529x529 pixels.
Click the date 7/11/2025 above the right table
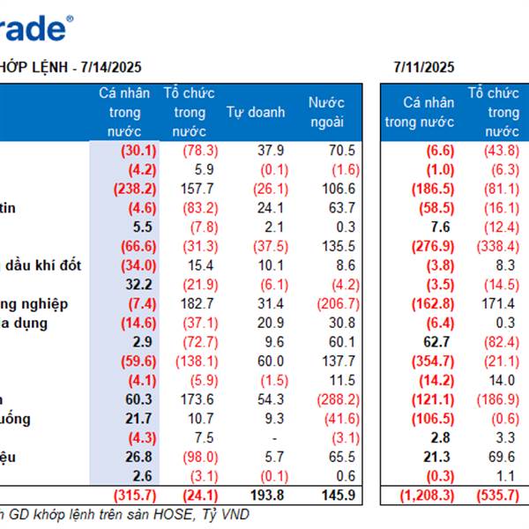[x=423, y=66]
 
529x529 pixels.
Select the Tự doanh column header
[x=256, y=112]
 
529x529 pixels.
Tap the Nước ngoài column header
[x=326, y=113]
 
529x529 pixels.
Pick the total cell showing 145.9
[x=339, y=495]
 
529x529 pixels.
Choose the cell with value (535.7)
[x=500, y=495]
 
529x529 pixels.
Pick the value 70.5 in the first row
[x=341, y=150]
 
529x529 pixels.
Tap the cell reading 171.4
[x=499, y=303]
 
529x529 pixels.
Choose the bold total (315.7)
[x=135, y=495]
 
